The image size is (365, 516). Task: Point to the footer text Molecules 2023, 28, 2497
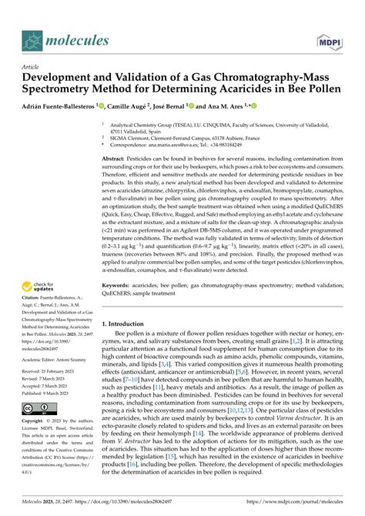pos(50,505)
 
